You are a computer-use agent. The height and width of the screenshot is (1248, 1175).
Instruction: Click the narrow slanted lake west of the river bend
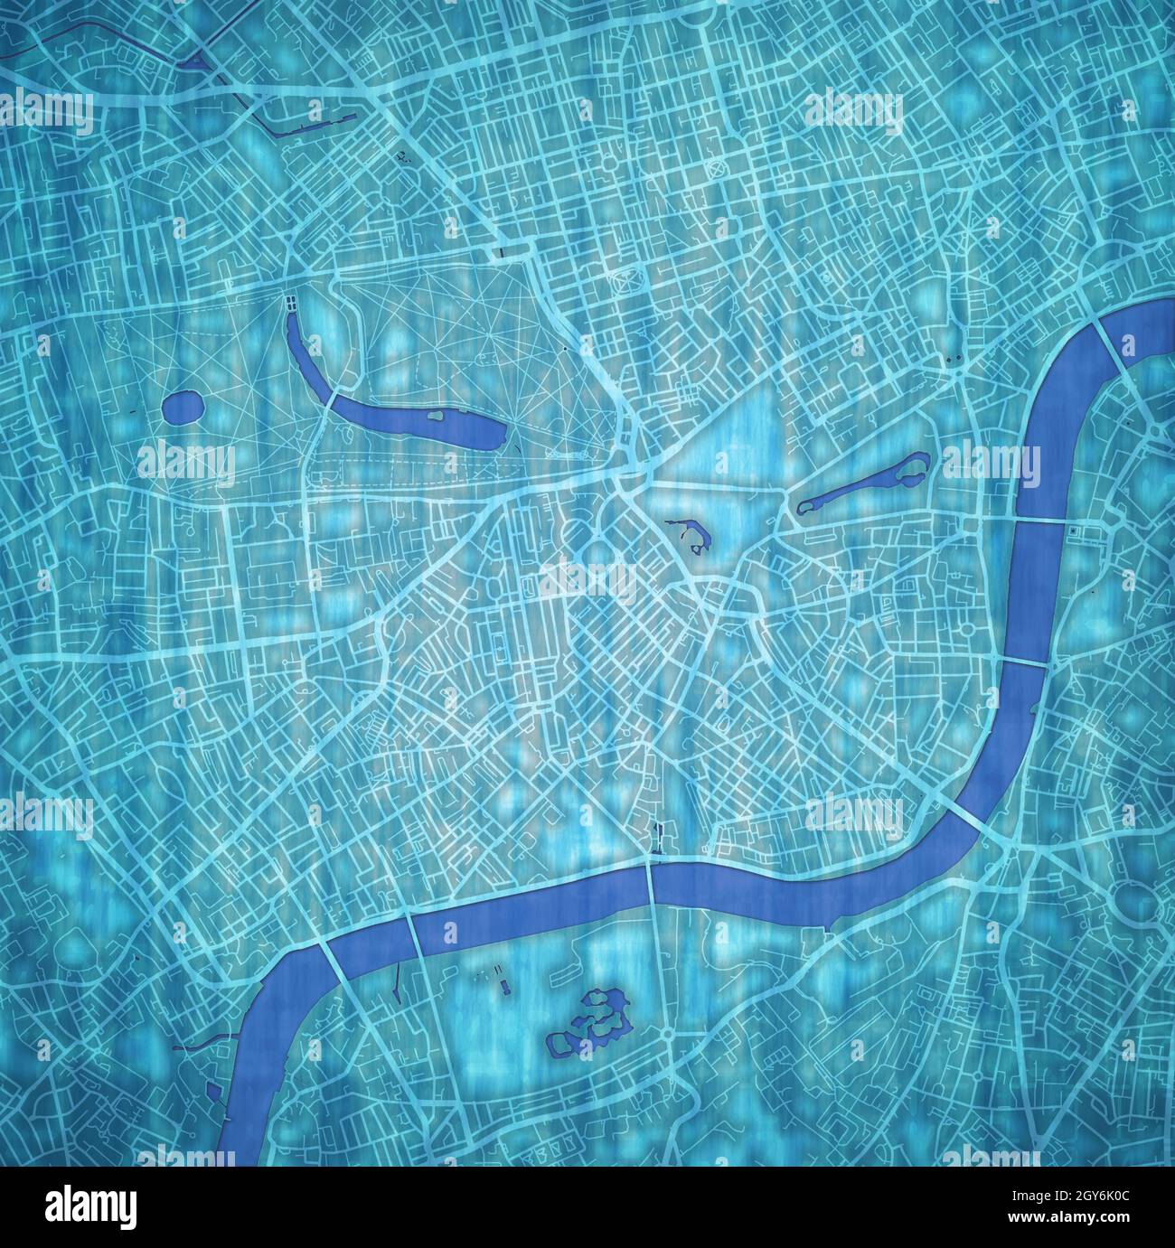click(860, 487)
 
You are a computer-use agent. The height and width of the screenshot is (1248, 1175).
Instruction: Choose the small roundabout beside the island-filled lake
click(667, 1033)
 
